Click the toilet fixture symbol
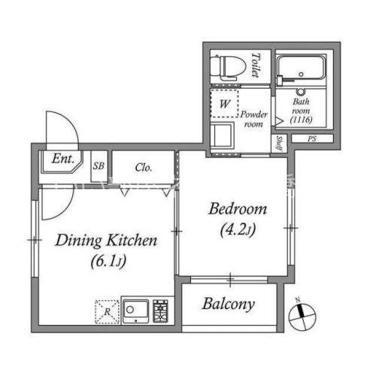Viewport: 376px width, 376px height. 227,68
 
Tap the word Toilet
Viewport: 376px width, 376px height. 255,65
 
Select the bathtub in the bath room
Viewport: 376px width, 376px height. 301,67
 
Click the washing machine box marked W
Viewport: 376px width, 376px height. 224,103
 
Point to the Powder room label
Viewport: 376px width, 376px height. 254,119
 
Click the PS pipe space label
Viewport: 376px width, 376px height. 312,138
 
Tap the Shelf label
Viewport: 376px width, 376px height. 279,143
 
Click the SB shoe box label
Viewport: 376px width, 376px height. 99,166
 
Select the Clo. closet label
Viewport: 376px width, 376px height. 144,168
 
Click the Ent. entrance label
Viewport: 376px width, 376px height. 63,159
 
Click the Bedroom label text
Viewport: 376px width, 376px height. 238,209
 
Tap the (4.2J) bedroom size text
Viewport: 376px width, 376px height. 238,230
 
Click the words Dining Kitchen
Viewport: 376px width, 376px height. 106,241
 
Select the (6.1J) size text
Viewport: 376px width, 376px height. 108,262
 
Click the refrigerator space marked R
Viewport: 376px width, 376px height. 107,312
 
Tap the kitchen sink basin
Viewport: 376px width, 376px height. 135,311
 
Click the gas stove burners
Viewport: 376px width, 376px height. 160,311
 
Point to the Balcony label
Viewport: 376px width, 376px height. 229,304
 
